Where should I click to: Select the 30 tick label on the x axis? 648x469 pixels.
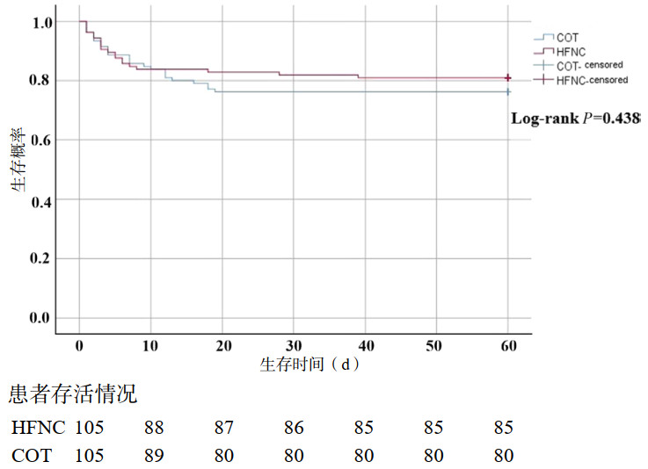(294, 344)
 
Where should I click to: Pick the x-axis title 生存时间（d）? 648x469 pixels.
(310, 363)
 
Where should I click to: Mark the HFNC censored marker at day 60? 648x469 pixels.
(508, 78)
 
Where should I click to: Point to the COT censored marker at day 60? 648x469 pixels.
(508, 91)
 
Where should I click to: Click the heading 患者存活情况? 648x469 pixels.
(73, 395)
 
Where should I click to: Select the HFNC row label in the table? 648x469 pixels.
(36, 429)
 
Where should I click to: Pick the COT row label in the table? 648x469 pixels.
(32, 456)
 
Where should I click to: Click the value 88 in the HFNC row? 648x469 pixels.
(155, 429)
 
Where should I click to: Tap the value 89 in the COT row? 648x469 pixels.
(155, 456)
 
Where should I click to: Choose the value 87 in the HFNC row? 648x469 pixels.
(223, 429)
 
